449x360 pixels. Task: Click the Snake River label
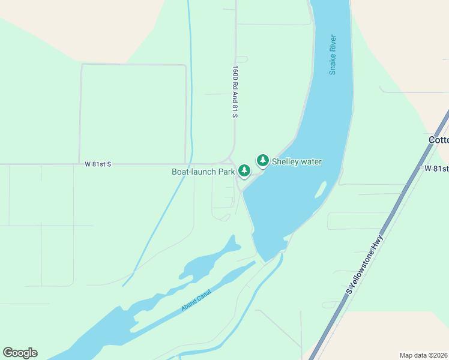(x=333, y=55)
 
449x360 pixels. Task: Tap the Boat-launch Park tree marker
(x=244, y=171)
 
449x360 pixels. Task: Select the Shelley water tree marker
(x=262, y=160)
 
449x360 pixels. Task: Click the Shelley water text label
(x=297, y=161)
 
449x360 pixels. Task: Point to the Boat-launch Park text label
(x=203, y=172)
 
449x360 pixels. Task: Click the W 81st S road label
(x=98, y=164)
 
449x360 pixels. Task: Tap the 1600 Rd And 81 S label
(x=235, y=91)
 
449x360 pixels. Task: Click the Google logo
(x=20, y=353)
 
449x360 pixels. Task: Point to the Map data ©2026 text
(x=423, y=355)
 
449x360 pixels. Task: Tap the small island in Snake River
(x=321, y=190)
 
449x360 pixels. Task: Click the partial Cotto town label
(x=438, y=140)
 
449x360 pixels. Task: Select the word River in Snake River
(x=333, y=44)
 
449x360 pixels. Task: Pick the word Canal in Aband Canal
(x=203, y=295)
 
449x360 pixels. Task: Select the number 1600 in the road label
(x=235, y=73)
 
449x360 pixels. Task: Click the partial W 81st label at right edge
(x=436, y=169)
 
